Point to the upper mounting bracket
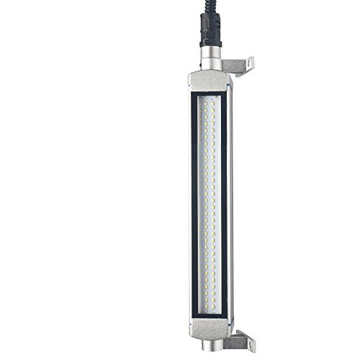click(238, 66)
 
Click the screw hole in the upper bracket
click(248, 64)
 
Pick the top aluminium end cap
click(210, 81)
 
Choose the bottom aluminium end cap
click(210, 324)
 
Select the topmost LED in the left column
click(206, 99)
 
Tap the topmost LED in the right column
click(214, 99)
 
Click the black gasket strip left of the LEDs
click(196, 202)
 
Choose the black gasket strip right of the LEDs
click(224, 202)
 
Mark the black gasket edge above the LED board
click(210, 94)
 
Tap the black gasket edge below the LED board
click(210, 312)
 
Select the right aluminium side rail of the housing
click(230, 202)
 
